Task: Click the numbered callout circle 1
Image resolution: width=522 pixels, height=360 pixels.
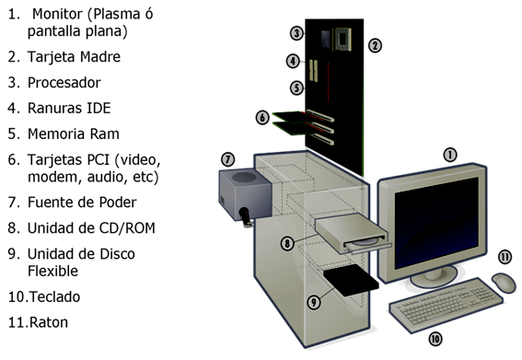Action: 450,155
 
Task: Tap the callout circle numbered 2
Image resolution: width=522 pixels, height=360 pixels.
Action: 375,46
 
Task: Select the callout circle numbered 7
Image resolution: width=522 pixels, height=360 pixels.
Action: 228,159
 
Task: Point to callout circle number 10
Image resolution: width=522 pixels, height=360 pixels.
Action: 435,339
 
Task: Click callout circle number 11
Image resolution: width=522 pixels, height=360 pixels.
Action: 505,257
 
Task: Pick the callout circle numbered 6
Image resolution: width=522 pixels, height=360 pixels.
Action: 262,117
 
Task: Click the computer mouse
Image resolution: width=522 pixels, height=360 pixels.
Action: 504,283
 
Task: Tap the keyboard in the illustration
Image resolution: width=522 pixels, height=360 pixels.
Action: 447,305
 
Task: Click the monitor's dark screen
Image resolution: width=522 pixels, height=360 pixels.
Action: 436,223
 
